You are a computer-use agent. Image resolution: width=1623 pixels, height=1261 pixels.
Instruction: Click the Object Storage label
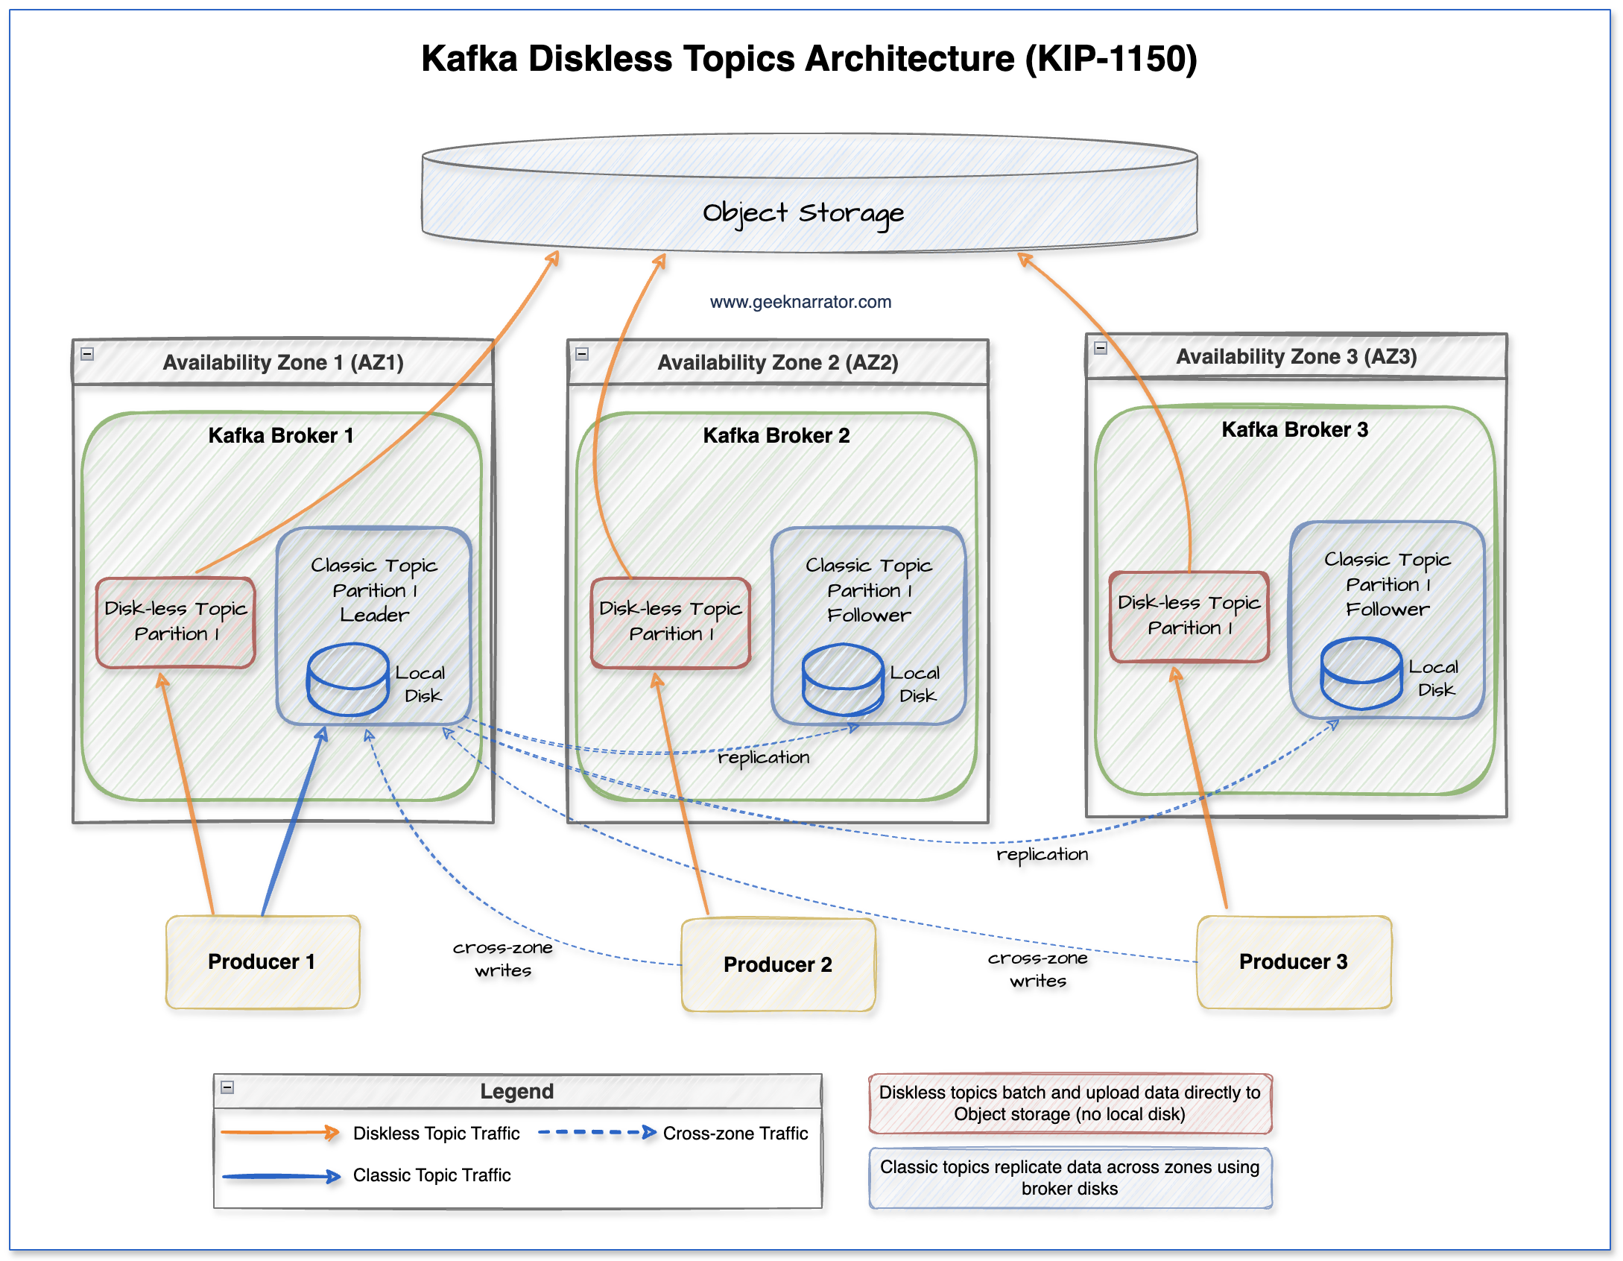(x=803, y=213)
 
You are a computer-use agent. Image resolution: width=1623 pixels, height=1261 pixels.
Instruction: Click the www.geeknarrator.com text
(x=800, y=302)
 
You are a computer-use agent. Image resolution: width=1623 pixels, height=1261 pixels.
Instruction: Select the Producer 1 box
(x=262, y=961)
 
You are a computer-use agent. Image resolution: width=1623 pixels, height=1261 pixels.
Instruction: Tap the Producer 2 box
(x=778, y=964)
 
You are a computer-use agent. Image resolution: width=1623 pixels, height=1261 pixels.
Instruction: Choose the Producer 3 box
(x=1294, y=961)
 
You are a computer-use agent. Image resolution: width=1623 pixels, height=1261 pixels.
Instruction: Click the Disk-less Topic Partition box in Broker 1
(x=176, y=622)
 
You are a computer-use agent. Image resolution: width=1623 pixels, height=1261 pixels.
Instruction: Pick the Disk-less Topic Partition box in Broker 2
(x=671, y=622)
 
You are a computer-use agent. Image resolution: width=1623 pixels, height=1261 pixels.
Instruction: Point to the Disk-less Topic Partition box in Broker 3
(x=1189, y=616)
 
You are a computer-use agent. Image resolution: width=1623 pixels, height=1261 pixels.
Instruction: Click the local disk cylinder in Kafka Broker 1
(x=348, y=679)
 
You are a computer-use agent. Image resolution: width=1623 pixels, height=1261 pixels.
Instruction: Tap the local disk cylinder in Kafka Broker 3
(x=1361, y=672)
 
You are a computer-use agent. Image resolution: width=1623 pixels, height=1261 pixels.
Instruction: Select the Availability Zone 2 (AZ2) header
(x=778, y=363)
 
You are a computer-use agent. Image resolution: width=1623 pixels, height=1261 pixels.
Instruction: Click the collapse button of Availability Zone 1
(x=87, y=354)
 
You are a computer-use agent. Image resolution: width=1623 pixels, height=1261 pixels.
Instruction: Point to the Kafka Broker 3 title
(x=1294, y=429)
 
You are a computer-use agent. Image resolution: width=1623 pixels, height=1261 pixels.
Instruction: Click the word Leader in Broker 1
(x=375, y=615)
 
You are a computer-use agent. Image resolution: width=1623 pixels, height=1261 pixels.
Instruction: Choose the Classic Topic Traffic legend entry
(x=431, y=1175)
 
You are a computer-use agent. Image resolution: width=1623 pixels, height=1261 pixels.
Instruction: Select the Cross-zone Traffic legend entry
(x=735, y=1134)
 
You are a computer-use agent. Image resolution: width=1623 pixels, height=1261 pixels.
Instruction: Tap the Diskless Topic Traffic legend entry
(x=436, y=1134)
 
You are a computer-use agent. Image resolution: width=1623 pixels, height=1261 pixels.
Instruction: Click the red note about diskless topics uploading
(x=1069, y=1103)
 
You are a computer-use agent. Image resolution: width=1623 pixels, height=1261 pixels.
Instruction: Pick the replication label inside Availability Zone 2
(x=763, y=757)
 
